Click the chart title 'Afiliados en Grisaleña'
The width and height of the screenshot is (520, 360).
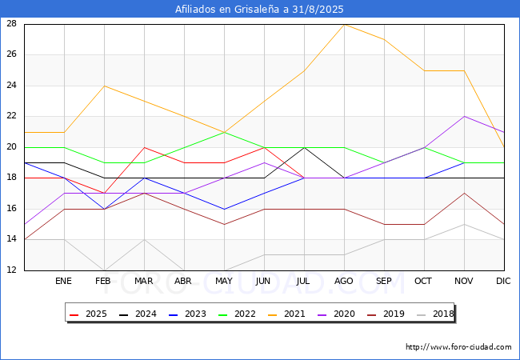click(259, 10)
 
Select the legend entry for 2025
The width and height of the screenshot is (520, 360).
click(90, 314)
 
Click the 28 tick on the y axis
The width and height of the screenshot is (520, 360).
click(12, 24)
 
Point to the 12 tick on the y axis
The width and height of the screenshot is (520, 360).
click(12, 270)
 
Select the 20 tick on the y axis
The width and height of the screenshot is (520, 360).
click(12, 147)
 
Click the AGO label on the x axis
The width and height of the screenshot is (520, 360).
click(344, 282)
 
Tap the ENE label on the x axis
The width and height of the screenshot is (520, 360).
click(64, 282)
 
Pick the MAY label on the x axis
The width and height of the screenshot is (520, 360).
click(224, 282)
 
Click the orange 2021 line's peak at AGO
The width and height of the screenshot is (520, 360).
click(344, 25)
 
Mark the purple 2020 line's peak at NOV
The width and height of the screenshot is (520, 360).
click(464, 117)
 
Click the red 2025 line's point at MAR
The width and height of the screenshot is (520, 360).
click(144, 147)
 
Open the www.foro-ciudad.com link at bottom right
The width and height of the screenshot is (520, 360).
click(458, 347)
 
